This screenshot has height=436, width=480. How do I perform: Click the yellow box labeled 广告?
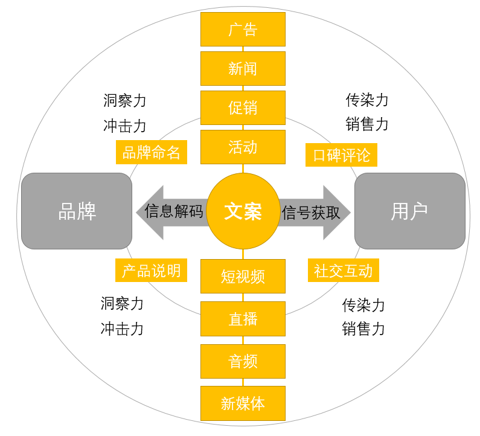(243, 29)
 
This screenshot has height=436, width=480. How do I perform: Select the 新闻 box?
(243, 68)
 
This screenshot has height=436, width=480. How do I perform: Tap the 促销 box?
(243, 107)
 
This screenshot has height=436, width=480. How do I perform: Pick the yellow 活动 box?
(243, 147)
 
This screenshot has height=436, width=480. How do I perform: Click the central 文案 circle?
(243, 211)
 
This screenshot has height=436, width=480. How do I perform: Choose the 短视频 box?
(243, 277)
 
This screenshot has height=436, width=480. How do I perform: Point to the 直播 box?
(243, 319)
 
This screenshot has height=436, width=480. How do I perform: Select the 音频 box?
(243, 361)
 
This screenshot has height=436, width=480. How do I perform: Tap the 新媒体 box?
(243, 403)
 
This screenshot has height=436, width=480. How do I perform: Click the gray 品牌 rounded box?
(77, 211)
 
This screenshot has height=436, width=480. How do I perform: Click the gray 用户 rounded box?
(409, 211)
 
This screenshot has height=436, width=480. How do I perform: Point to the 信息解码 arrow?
(172, 212)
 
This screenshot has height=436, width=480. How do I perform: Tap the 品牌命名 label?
(152, 153)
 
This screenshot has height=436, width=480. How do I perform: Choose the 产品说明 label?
(152, 271)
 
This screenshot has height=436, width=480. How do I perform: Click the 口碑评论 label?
(341, 155)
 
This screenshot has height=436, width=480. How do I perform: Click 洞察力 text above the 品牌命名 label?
(124, 100)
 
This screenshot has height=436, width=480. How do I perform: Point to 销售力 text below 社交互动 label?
(363, 329)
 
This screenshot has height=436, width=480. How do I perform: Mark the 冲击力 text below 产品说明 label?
(122, 329)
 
